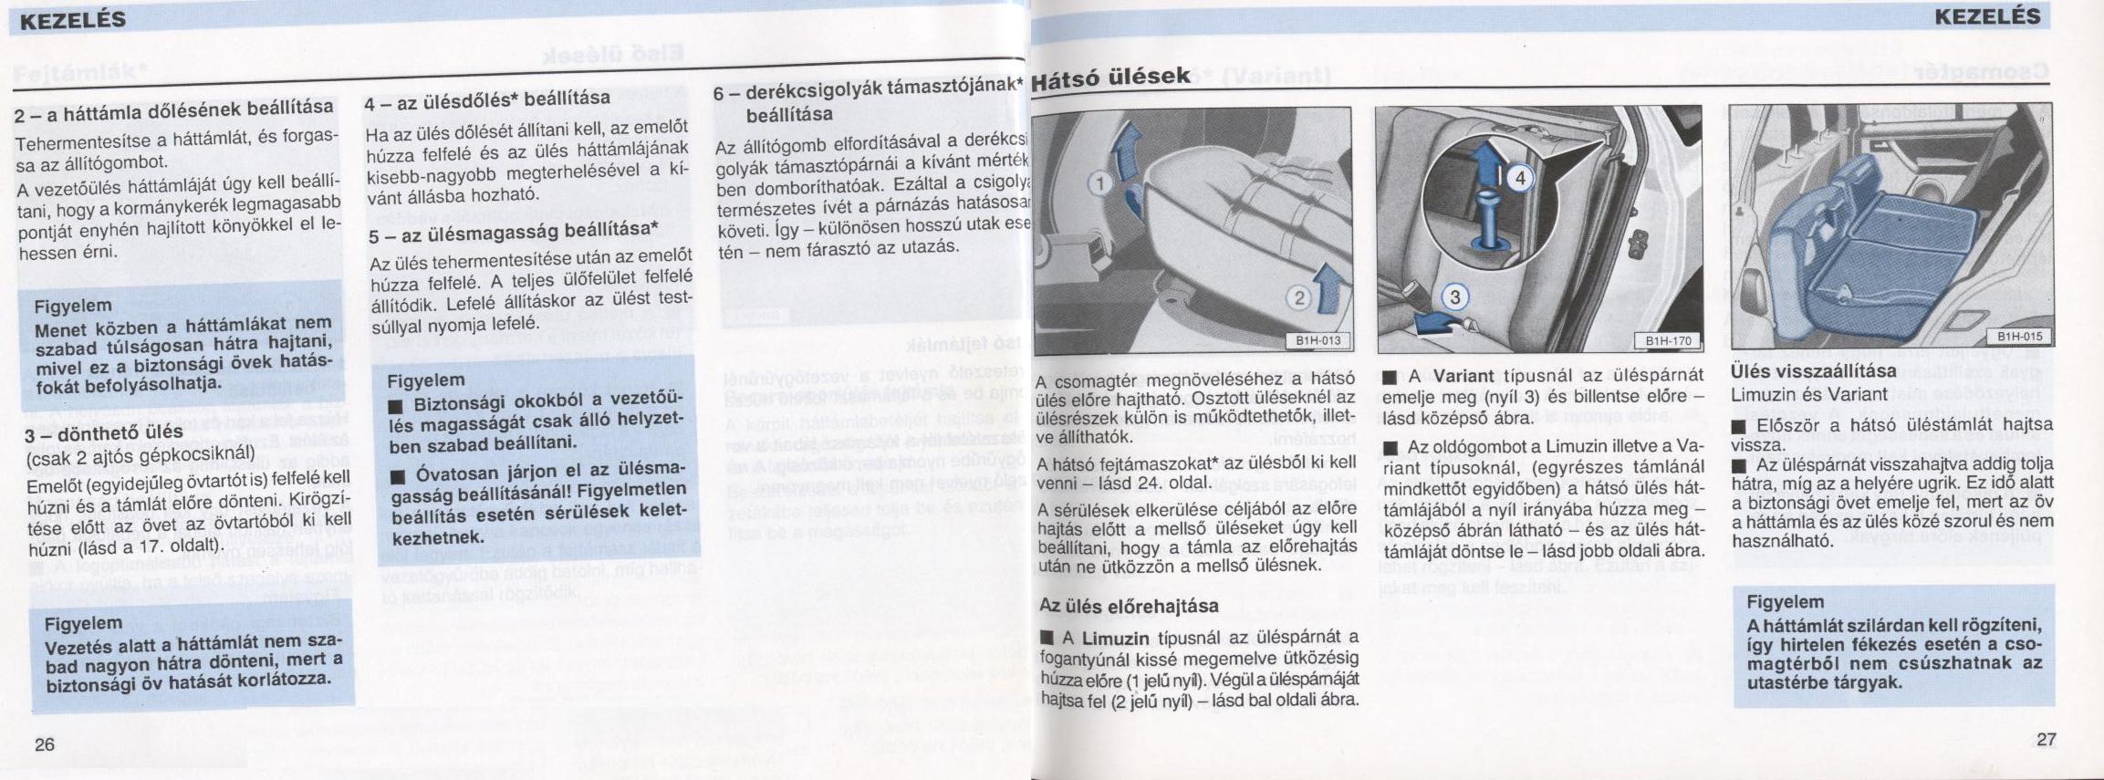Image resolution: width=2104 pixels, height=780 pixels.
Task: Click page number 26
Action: tap(45, 744)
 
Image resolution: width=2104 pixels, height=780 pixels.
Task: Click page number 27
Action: tap(2047, 739)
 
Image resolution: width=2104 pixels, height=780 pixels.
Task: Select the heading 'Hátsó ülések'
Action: tap(1111, 76)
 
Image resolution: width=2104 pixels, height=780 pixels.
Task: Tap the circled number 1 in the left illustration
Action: tap(1100, 183)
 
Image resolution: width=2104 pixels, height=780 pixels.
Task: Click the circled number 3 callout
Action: tap(1454, 296)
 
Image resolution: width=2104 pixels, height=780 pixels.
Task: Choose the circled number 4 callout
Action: tap(1519, 179)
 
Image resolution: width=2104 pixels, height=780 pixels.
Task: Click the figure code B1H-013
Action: tap(1318, 341)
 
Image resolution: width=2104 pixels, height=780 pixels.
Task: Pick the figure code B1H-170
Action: tap(1668, 341)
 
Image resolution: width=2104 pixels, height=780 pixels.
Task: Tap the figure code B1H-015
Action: tap(2019, 337)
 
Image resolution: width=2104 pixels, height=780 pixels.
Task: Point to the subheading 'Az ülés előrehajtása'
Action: tap(1128, 606)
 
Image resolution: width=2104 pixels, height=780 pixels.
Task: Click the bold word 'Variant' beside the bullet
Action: tap(1463, 376)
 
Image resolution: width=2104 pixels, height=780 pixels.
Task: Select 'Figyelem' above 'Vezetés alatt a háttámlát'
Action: tap(83, 624)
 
